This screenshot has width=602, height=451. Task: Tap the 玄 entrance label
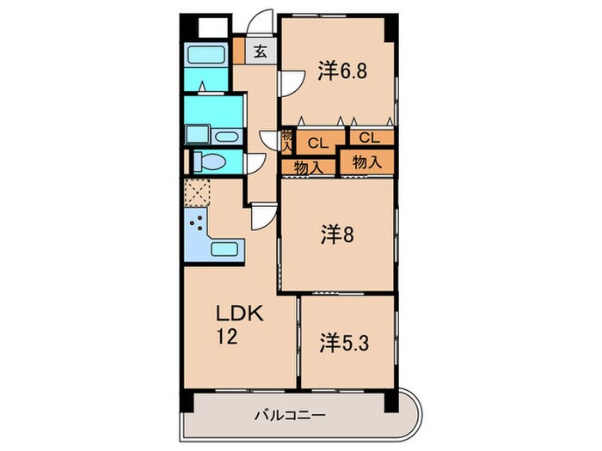260,50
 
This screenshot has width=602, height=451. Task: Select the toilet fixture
209,162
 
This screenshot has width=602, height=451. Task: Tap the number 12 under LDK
226,338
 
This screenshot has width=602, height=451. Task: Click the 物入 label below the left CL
309,168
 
